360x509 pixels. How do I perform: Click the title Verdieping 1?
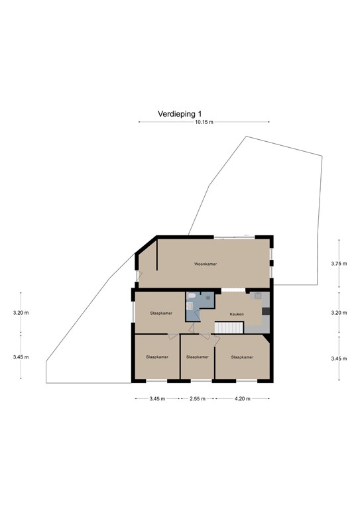pos(180,114)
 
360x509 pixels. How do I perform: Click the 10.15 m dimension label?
pos(204,123)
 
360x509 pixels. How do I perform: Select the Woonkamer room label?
pos(206,264)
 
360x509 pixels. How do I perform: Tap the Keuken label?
pos(237,314)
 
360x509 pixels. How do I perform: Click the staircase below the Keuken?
pos(229,327)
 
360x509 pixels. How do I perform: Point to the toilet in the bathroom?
pos(191,296)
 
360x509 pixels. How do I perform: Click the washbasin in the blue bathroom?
pos(190,306)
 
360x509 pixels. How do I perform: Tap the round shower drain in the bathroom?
pos(208,297)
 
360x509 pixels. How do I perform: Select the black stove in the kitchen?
pos(266,311)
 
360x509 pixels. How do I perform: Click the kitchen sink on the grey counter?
pos(259,296)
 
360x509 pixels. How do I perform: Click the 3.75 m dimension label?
pos(339,264)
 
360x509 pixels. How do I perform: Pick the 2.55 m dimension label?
pos(198,398)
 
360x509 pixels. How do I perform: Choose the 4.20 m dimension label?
pos(242,398)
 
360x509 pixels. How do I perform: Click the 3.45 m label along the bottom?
pos(157,398)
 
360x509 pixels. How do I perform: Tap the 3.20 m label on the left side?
pos(21,313)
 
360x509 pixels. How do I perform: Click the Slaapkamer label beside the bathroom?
pos(161,313)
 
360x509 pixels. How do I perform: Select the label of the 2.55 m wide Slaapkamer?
pos(198,357)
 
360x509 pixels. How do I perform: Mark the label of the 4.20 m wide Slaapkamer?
pos(242,357)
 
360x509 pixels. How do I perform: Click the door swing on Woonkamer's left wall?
pos(139,276)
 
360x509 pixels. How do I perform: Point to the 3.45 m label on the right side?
pos(339,359)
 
